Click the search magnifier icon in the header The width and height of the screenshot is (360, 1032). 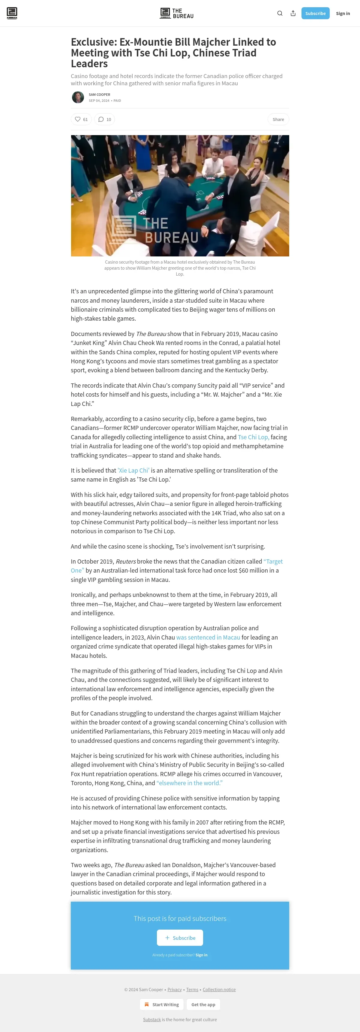tap(280, 13)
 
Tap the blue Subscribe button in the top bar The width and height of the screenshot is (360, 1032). tap(315, 13)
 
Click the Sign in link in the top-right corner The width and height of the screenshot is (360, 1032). tap(343, 13)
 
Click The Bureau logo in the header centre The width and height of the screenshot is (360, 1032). tap(177, 13)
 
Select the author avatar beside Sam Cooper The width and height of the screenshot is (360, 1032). tap(78, 97)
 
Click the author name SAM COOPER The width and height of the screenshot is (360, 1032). tap(99, 95)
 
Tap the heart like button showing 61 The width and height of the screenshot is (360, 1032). tap(81, 120)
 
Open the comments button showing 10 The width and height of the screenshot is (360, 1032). tap(104, 120)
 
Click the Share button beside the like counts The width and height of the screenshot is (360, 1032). tap(278, 120)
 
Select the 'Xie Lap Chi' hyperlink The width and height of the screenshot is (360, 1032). tap(133, 470)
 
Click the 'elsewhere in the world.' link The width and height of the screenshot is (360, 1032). tap(189, 783)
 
